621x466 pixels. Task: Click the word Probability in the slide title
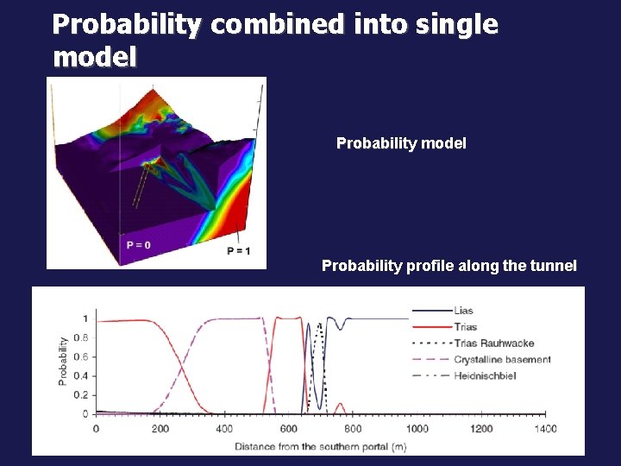(127, 25)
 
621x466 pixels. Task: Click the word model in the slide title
(94, 58)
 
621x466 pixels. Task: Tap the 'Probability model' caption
(401, 143)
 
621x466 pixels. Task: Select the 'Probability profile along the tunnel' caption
(448, 266)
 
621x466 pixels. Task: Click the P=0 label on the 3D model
(138, 245)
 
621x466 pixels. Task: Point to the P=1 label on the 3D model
(239, 251)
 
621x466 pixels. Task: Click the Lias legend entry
(462, 311)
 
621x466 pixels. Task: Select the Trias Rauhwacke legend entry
(489, 343)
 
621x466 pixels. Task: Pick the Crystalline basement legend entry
(501, 359)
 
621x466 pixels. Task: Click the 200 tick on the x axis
(160, 429)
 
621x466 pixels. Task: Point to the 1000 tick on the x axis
(417, 429)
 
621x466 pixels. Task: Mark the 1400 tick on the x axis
(545, 429)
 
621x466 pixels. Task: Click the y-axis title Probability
(63, 360)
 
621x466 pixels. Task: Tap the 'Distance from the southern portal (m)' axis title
(320, 446)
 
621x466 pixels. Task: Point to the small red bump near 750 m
(340, 404)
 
